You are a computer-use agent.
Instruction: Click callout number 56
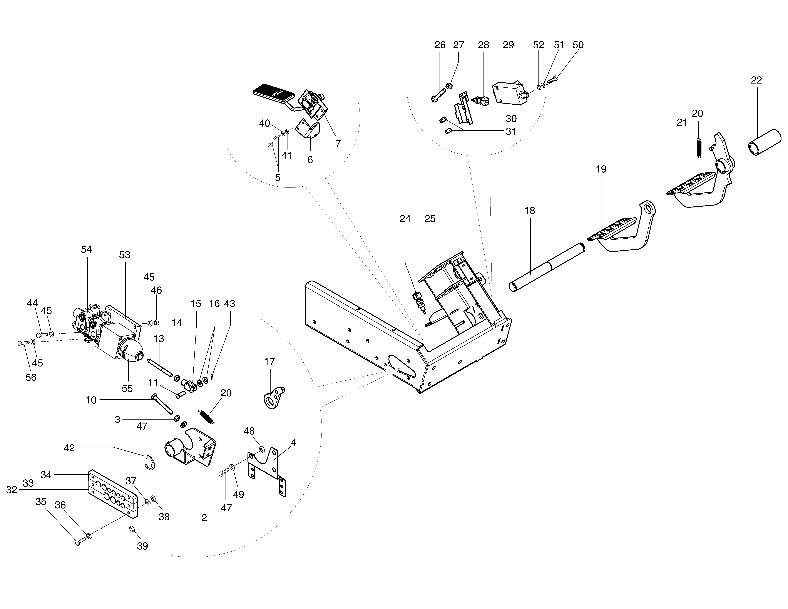click(31, 377)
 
